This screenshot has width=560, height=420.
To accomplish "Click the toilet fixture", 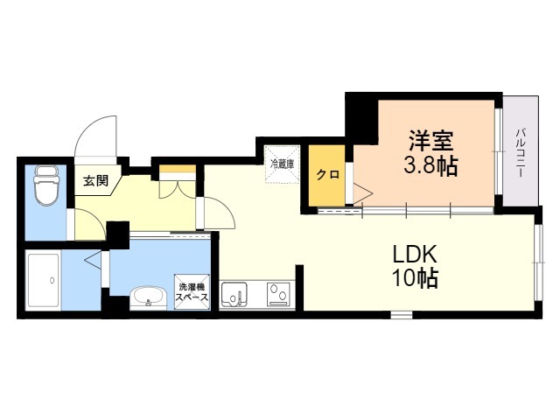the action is click(x=46, y=185).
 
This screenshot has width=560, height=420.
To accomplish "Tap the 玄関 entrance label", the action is click(x=95, y=181).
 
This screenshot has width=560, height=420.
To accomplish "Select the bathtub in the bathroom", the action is click(x=43, y=280).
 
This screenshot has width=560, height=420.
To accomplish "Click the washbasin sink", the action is click(x=148, y=297).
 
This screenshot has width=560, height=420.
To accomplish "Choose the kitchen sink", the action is click(x=234, y=294).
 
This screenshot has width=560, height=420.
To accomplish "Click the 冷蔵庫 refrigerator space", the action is click(x=282, y=164).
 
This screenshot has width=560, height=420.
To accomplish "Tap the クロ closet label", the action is click(x=328, y=175).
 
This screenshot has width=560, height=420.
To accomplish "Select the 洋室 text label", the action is click(x=431, y=141).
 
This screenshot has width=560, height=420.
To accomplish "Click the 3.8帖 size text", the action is click(x=430, y=165).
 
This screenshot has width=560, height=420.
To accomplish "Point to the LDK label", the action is click(x=414, y=255).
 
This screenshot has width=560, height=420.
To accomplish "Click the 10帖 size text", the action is click(x=415, y=278).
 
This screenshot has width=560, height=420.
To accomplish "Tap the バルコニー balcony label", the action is click(x=520, y=154).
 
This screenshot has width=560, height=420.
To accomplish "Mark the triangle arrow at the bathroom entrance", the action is click(x=93, y=259).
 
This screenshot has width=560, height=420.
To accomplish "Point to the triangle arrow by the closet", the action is click(x=363, y=193).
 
